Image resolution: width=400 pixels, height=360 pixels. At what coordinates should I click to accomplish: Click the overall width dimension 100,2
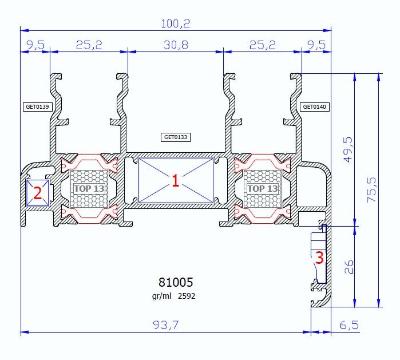pos(176,23)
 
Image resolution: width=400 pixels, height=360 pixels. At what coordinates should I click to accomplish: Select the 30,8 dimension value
pos(176,45)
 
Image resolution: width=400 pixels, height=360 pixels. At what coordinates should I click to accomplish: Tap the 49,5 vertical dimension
pos(348,149)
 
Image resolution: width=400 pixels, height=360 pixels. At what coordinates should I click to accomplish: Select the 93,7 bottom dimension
pos(166,325)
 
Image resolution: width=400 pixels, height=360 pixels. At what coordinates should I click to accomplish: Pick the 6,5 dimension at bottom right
pos(348,325)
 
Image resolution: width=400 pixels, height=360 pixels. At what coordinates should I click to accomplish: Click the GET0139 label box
pos(37,106)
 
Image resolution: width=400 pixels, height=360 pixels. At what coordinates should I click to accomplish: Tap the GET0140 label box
pos(315,106)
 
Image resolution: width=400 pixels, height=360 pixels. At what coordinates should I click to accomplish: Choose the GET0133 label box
pos(176,137)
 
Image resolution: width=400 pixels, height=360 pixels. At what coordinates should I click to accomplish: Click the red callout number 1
pos(176,181)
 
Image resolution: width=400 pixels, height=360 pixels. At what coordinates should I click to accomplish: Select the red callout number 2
pos(37,193)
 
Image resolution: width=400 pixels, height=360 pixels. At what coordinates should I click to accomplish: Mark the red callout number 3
pos(319,258)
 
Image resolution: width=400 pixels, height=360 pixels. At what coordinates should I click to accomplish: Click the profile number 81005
pos(176,282)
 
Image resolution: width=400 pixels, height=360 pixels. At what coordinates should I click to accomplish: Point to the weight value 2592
pos(187,296)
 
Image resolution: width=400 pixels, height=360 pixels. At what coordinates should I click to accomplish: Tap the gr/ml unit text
pos(161,296)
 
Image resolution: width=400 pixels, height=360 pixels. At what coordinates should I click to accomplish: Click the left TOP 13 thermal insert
pos(89,188)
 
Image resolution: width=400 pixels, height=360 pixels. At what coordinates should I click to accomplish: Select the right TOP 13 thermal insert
pos(263,188)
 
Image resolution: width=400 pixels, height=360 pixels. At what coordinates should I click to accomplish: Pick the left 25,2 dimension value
pos(89,45)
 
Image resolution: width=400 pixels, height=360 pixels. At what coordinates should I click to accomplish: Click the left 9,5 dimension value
pos(35,45)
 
